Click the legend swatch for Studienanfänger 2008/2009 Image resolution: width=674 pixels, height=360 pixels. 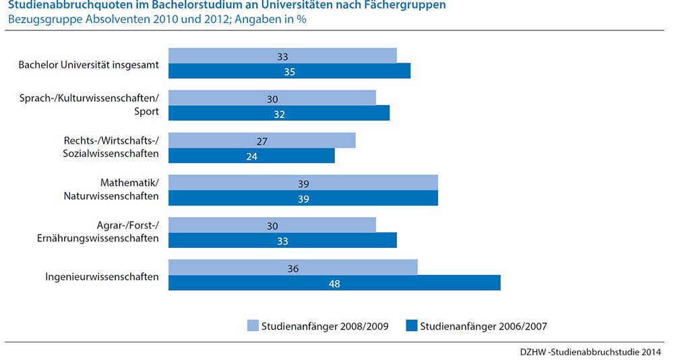pyautogui.click(x=253, y=326)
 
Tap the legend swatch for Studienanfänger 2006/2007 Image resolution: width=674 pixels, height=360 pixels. pyautogui.click(x=412, y=326)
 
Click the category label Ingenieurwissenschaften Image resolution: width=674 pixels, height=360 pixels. pyautogui.click(x=102, y=276)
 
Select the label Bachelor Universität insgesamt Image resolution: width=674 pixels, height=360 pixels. pyautogui.click(x=89, y=65)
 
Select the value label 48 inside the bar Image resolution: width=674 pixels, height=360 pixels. pyautogui.click(x=334, y=284)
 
